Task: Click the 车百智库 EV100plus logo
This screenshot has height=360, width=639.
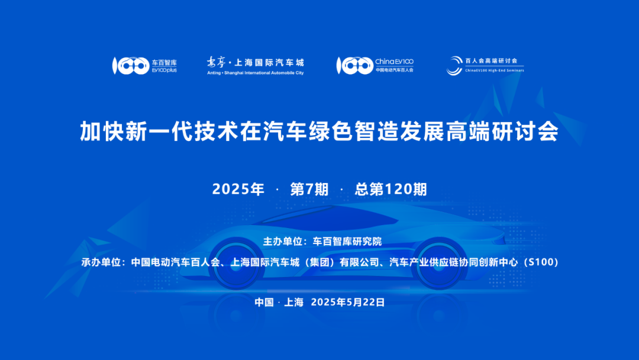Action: (x=144, y=66)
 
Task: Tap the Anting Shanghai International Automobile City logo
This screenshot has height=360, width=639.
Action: (x=255, y=65)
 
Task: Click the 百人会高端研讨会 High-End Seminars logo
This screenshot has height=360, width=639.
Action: (x=485, y=65)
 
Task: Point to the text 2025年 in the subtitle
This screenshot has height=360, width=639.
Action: (x=238, y=189)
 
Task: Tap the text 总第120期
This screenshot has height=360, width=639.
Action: (x=390, y=189)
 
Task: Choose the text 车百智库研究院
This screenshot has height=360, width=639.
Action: (x=347, y=241)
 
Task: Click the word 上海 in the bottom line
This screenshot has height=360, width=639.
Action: (x=293, y=302)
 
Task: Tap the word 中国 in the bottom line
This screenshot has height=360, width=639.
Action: (x=264, y=302)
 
